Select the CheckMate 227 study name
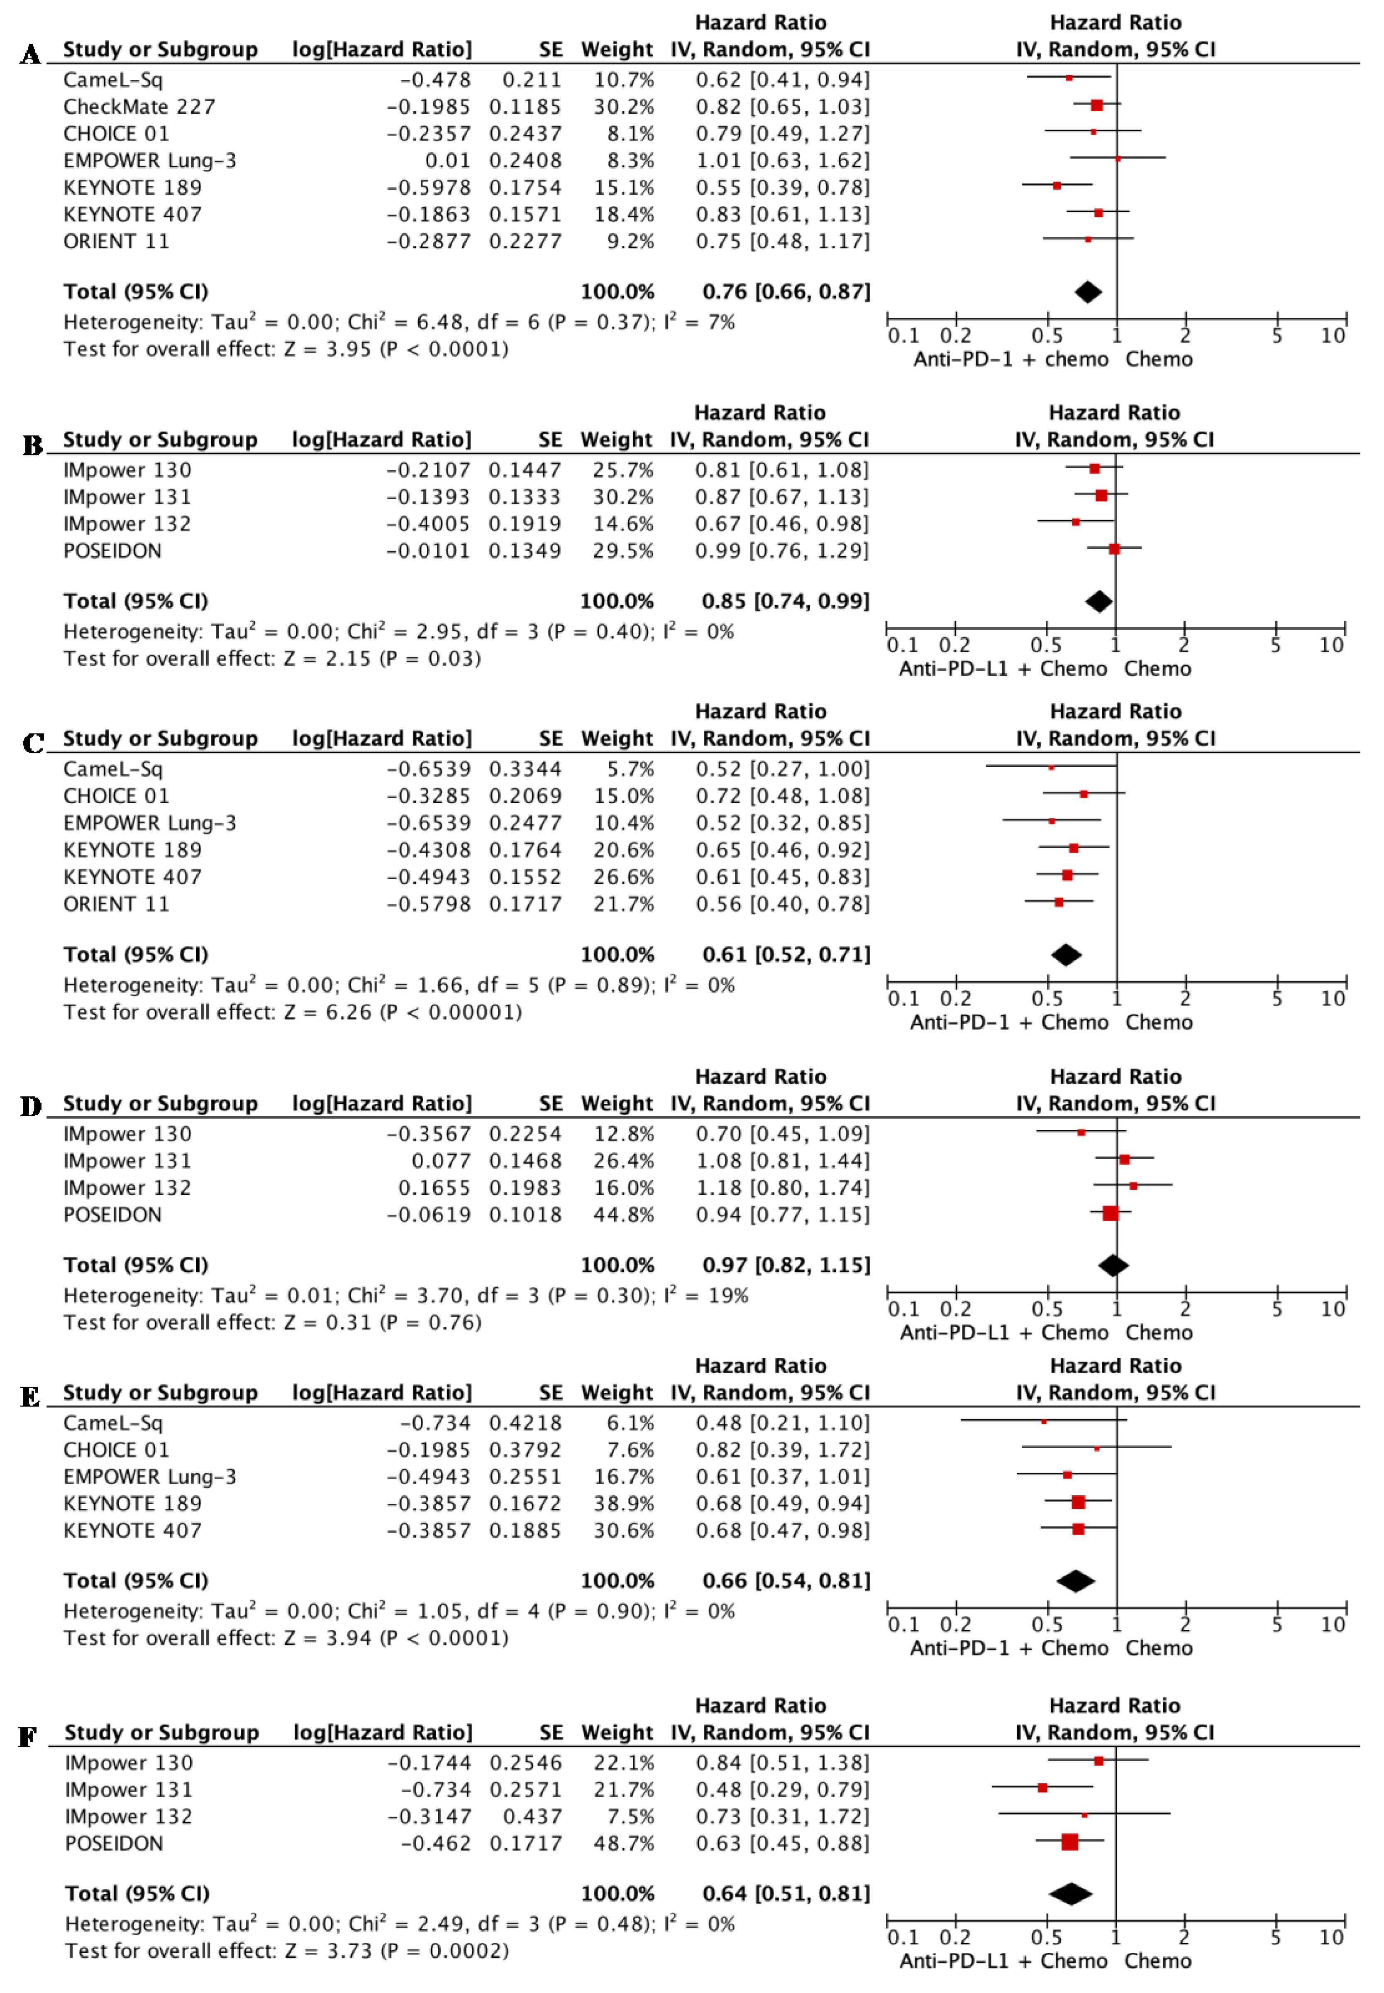(139, 107)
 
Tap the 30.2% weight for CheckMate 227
(622, 107)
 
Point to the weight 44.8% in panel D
(622, 1215)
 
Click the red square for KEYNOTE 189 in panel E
(1078, 1502)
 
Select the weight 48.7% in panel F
(622, 1843)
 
